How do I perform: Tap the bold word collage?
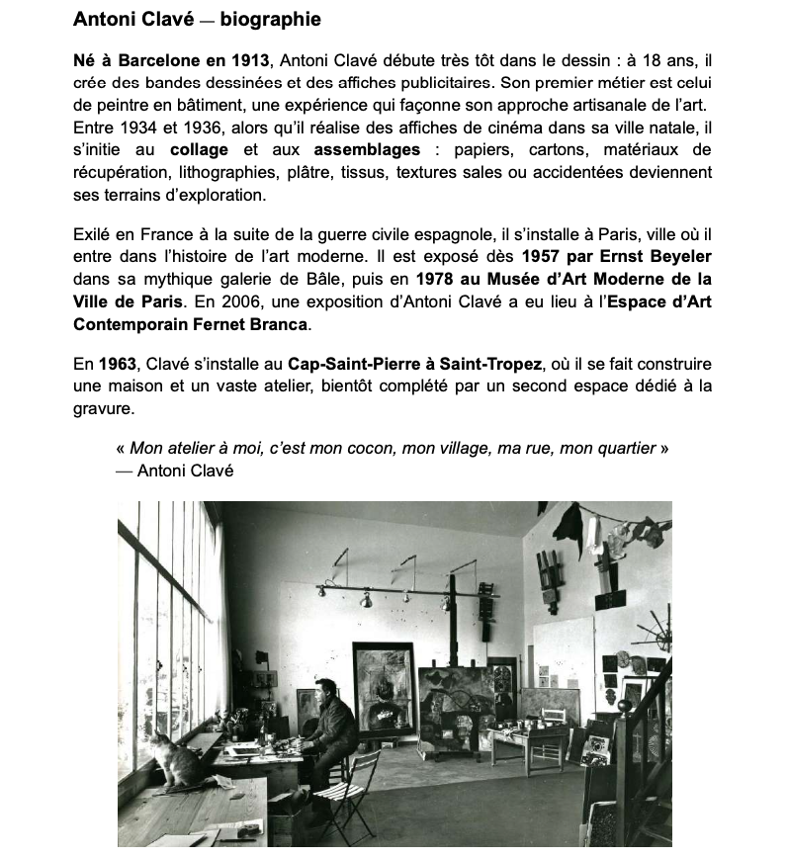(199, 149)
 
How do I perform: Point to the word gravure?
(104, 407)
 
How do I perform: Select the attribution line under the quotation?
(175, 471)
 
